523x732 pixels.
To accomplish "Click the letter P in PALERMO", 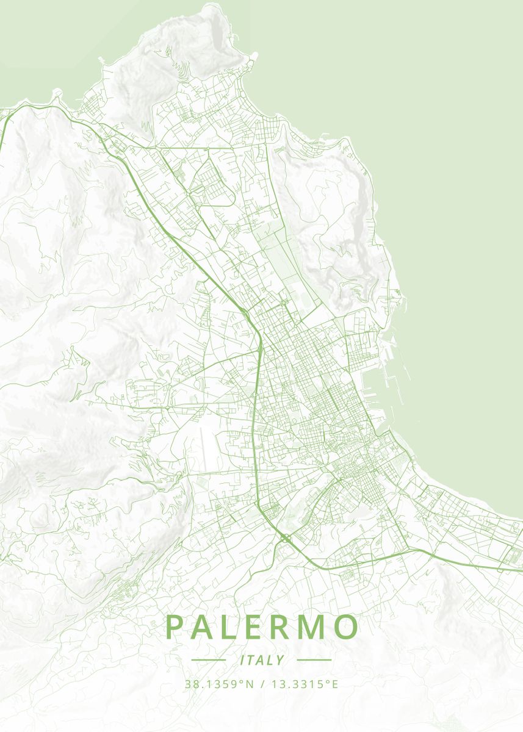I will click(x=173, y=628).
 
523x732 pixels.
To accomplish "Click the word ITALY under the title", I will click(x=262, y=660).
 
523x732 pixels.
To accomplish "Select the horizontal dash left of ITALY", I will click(x=209, y=660).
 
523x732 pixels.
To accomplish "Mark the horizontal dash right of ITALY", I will click(x=314, y=660).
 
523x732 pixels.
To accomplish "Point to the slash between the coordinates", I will click(x=262, y=684).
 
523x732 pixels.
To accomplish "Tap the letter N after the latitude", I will click(x=250, y=684).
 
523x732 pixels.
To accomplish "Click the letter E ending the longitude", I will click(x=334, y=684).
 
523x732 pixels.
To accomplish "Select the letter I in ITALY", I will click(x=242, y=660).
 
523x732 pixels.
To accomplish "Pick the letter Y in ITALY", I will click(x=281, y=660).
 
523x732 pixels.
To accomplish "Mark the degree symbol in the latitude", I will click(x=242, y=681).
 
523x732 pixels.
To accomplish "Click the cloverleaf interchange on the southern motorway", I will click(x=285, y=537).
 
